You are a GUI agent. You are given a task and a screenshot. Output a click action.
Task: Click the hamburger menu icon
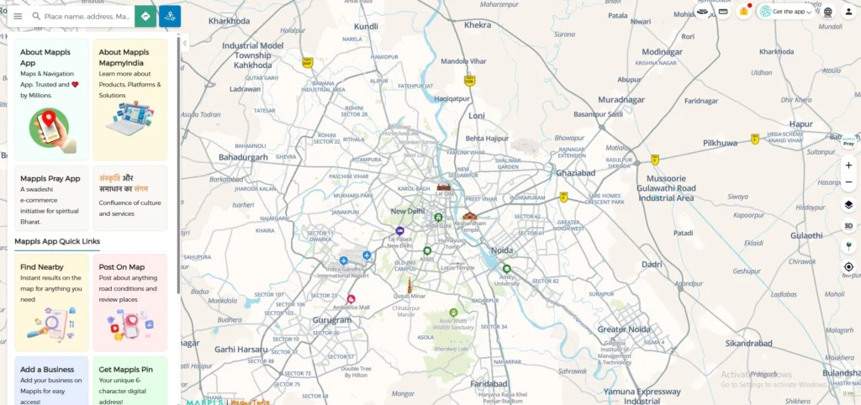pos(18,16)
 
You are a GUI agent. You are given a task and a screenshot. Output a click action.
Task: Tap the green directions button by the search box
pos(145,16)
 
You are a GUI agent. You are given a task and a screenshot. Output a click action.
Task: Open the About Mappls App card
pos(51,99)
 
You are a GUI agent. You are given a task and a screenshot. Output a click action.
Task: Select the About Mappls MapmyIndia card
pos(129,99)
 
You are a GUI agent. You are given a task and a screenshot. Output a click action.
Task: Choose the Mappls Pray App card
pos(51,198)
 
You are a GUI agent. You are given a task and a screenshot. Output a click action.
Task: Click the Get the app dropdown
pos(786,12)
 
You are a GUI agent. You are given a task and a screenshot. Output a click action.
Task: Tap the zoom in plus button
pos(848,166)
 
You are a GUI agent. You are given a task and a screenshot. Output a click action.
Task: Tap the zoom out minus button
pos(848,182)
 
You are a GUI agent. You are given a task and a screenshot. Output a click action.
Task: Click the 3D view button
pos(848,225)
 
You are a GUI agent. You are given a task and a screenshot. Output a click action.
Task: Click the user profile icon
pos(848,12)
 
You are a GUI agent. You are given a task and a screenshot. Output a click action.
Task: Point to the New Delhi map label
pos(407,211)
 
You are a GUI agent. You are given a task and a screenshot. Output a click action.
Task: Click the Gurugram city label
pos(332,320)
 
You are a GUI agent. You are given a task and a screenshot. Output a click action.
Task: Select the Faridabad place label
pos(489,383)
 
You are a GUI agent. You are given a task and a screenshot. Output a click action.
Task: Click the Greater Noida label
pos(623,329)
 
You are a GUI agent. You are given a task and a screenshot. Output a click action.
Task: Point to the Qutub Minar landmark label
pos(410,297)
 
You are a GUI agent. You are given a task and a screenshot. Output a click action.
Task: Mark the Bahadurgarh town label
pos(243,157)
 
